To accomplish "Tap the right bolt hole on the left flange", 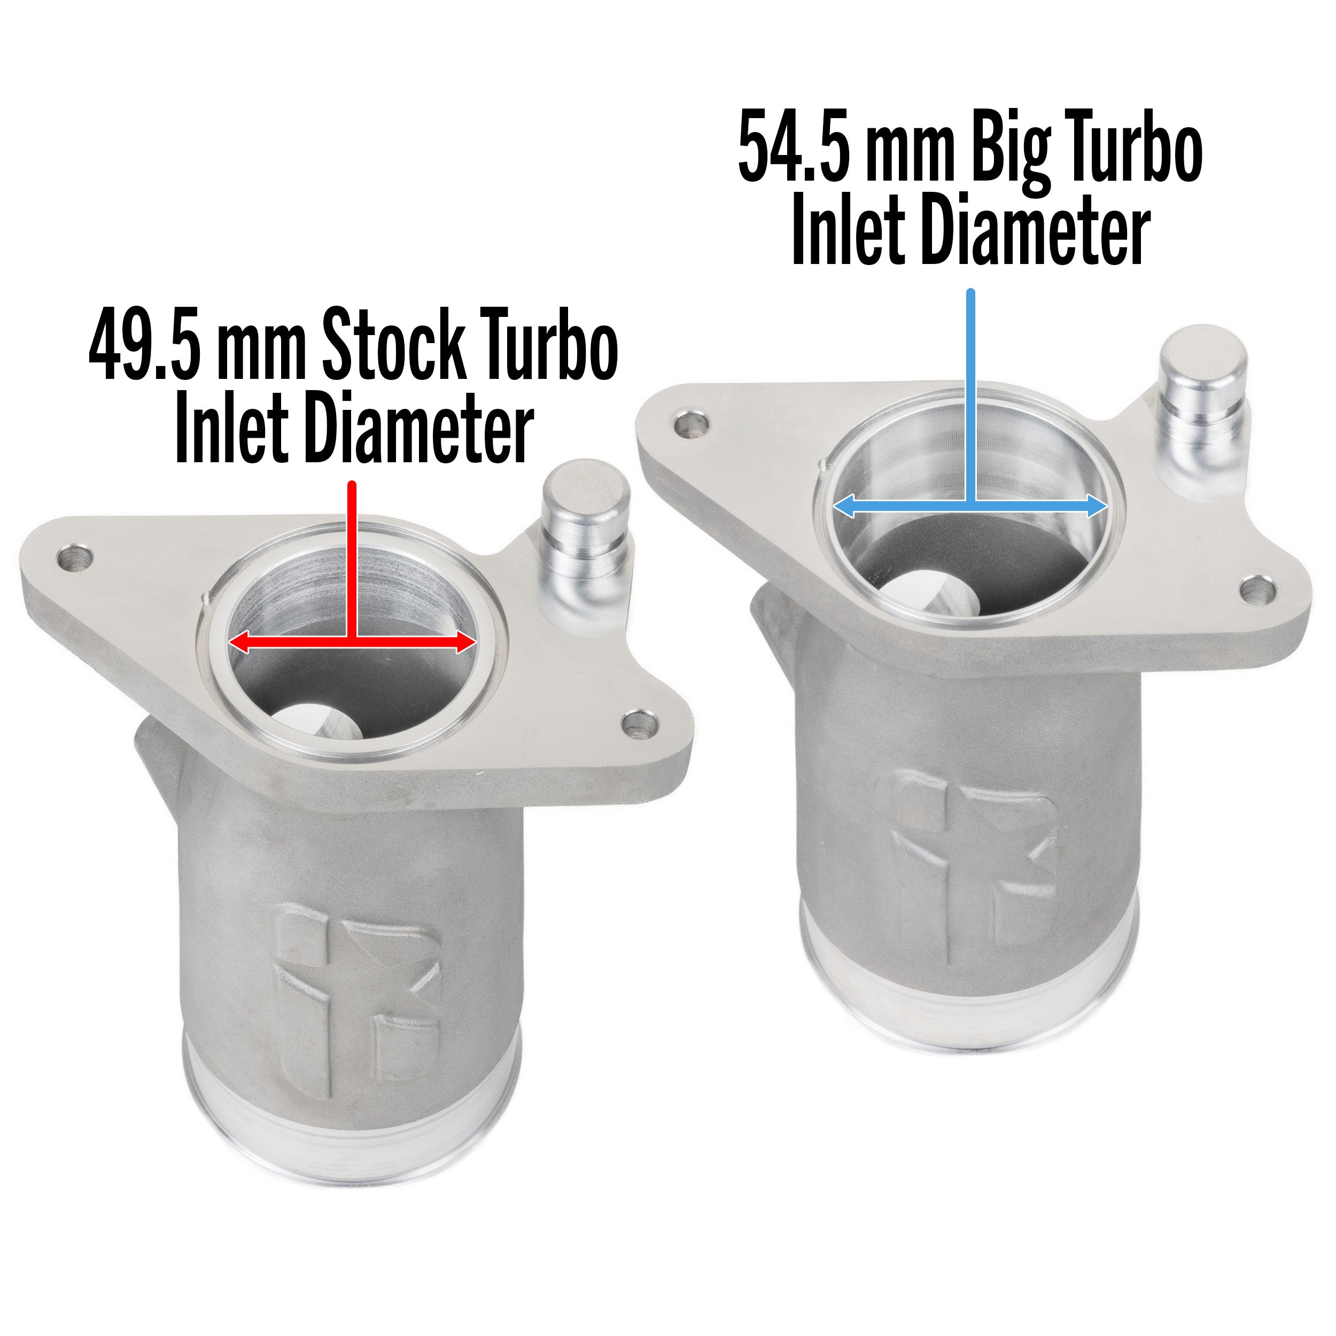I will (639, 724).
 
